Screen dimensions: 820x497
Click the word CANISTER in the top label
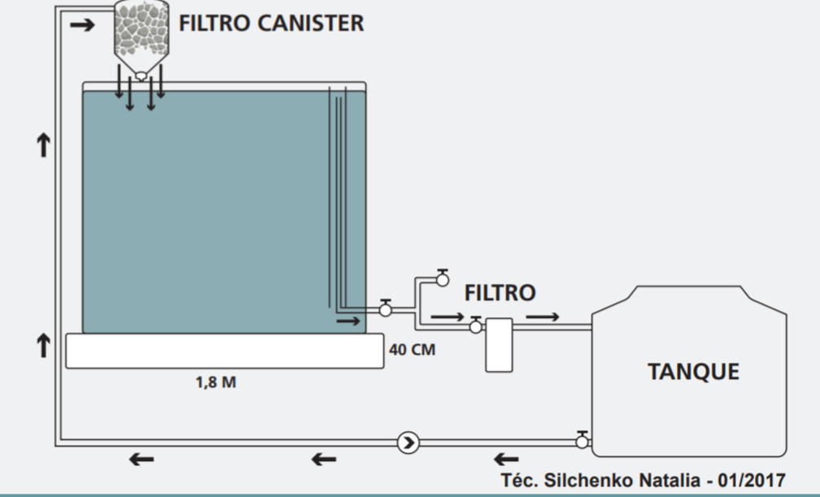tap(311, 23)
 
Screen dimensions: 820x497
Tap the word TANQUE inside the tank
tap(693, 372)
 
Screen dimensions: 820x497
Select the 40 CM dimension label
tap(412, 350)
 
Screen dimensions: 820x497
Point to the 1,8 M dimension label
tap(216, 382)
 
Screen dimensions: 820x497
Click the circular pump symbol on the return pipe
tap(408, 443)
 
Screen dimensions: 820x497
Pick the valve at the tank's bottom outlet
tap(582, 441)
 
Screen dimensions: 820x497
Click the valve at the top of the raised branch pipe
tap(443, 278)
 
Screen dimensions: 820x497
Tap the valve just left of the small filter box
tap(475, 325)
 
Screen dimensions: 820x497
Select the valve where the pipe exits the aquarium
tap(386, 308)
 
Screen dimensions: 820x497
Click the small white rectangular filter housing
tap(499, 345)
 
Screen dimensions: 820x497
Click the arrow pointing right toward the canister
tap(82, 24)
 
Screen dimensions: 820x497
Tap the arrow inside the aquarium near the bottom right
tap(348, 320)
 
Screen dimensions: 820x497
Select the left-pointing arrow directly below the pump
tap(324, 460)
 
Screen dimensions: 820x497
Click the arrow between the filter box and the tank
tap(543, 316)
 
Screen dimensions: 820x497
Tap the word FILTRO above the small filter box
tap(500, 293)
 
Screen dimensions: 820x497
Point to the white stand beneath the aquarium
tap(225, 351)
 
